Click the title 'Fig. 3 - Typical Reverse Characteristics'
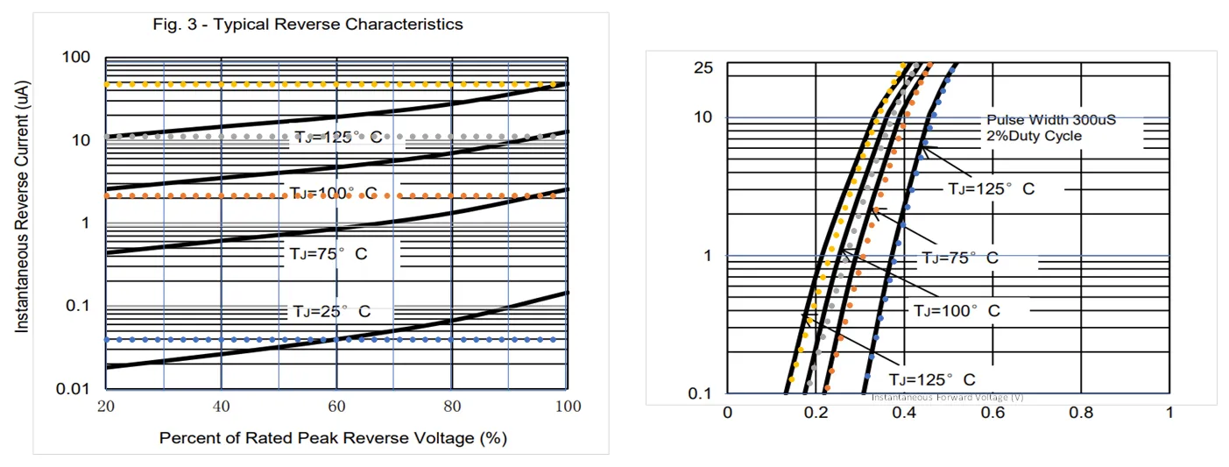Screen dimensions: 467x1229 coord(307,25)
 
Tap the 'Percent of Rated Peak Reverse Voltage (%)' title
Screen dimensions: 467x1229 coord(333,437)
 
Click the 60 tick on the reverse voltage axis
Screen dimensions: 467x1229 coord(336,407)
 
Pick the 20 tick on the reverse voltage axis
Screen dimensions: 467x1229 coord(105,407)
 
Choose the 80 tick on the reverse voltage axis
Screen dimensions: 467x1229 coord(452,407)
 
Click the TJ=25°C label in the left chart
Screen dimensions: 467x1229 coord(331,311)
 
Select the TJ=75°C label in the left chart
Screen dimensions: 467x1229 coord(328,253)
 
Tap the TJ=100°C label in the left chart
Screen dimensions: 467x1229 coord(332,193)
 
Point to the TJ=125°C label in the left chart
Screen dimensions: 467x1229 coord(336,138)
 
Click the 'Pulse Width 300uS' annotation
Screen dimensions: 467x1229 coord(1051,119)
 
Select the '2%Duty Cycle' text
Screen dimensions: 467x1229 coord(1034,136)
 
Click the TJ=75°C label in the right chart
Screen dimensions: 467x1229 coord(959,258)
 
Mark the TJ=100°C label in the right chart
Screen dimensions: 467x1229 coord(957,310)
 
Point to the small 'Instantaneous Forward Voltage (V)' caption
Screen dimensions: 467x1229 coord(947,397)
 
